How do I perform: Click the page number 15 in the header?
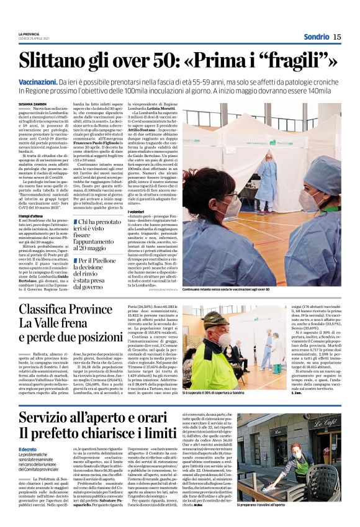(x=337, y=37)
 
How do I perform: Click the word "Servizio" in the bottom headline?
(x=55, y=417)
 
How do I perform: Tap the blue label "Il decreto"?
(x=27, y=449)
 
